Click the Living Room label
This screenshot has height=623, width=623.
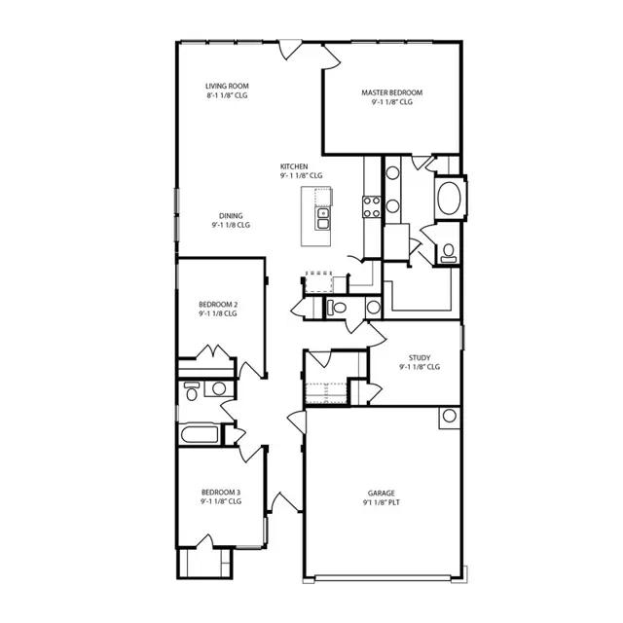(226, 86)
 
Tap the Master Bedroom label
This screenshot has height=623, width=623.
(392, 92)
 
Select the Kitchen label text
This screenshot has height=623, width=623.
(295, 165)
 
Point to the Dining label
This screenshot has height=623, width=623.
(231, 215)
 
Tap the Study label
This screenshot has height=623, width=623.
(420, 357)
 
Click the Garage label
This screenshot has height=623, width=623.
(381, 493)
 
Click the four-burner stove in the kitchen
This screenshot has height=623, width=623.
(372, 204)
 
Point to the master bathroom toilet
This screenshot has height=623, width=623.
(448, 252)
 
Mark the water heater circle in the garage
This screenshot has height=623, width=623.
(449, 417)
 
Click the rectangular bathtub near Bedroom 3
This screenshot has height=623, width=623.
(199, 434)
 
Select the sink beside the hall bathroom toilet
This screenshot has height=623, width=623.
(218, 389)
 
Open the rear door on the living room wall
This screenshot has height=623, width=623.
(291, 50)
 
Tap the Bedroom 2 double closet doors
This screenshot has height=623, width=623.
(214, 351)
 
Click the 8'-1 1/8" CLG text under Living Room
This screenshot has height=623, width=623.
(226, 97)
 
